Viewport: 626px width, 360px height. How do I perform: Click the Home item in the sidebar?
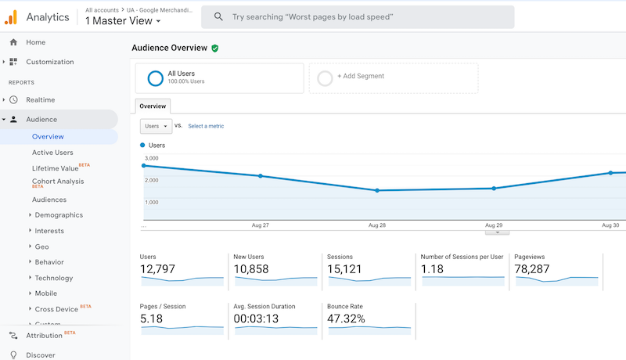35,42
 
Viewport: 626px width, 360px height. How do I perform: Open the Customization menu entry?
49,62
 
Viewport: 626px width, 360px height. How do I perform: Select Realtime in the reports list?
40,100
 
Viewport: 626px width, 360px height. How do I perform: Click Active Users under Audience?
52,153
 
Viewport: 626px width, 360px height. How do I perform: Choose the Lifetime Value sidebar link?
55,168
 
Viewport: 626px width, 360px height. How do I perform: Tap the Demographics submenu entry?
59,215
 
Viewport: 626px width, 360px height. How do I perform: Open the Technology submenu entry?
54,278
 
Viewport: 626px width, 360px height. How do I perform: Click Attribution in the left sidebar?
44,336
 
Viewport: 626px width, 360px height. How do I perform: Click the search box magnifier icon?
218,16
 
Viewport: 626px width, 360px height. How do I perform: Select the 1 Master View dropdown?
123,21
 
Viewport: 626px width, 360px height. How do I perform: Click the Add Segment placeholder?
360,77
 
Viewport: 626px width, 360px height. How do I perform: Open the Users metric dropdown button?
156,126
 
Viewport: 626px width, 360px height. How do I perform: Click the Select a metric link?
206,126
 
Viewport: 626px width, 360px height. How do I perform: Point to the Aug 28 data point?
377,190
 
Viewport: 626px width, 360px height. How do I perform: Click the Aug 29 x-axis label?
494,225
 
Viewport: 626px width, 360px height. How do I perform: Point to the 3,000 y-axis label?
151,158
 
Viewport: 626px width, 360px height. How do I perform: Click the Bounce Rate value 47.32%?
346,319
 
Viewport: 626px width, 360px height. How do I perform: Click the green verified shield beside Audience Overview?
215,49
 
